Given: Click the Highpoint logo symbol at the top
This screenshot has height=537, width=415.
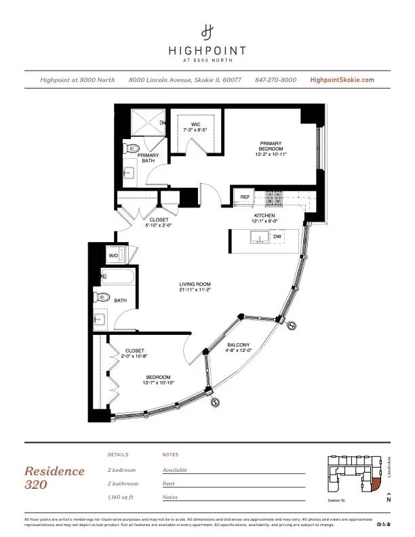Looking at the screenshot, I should click(207, 31).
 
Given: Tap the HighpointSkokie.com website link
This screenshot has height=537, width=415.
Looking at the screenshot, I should click(342, 80).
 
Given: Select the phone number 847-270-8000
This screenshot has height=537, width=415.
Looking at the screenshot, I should click(275, 80).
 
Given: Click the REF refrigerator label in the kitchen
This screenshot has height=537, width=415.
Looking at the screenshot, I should click(245, 197).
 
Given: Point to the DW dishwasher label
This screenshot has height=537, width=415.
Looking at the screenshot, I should click(277, 237).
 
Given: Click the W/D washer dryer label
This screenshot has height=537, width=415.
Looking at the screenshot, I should click(113, 255).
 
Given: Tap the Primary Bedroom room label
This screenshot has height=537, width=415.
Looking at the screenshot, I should click(270, 148).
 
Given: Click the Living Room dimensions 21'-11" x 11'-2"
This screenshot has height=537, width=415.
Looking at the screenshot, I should click(195, 290).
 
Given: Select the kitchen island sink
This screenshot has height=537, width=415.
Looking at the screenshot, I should click(258, 237).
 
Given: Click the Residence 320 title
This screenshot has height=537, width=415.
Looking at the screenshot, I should click(54, 477).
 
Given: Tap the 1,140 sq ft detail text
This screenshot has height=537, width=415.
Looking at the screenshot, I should click(123, 497).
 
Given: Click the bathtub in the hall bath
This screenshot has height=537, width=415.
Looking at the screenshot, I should click(119, 276).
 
